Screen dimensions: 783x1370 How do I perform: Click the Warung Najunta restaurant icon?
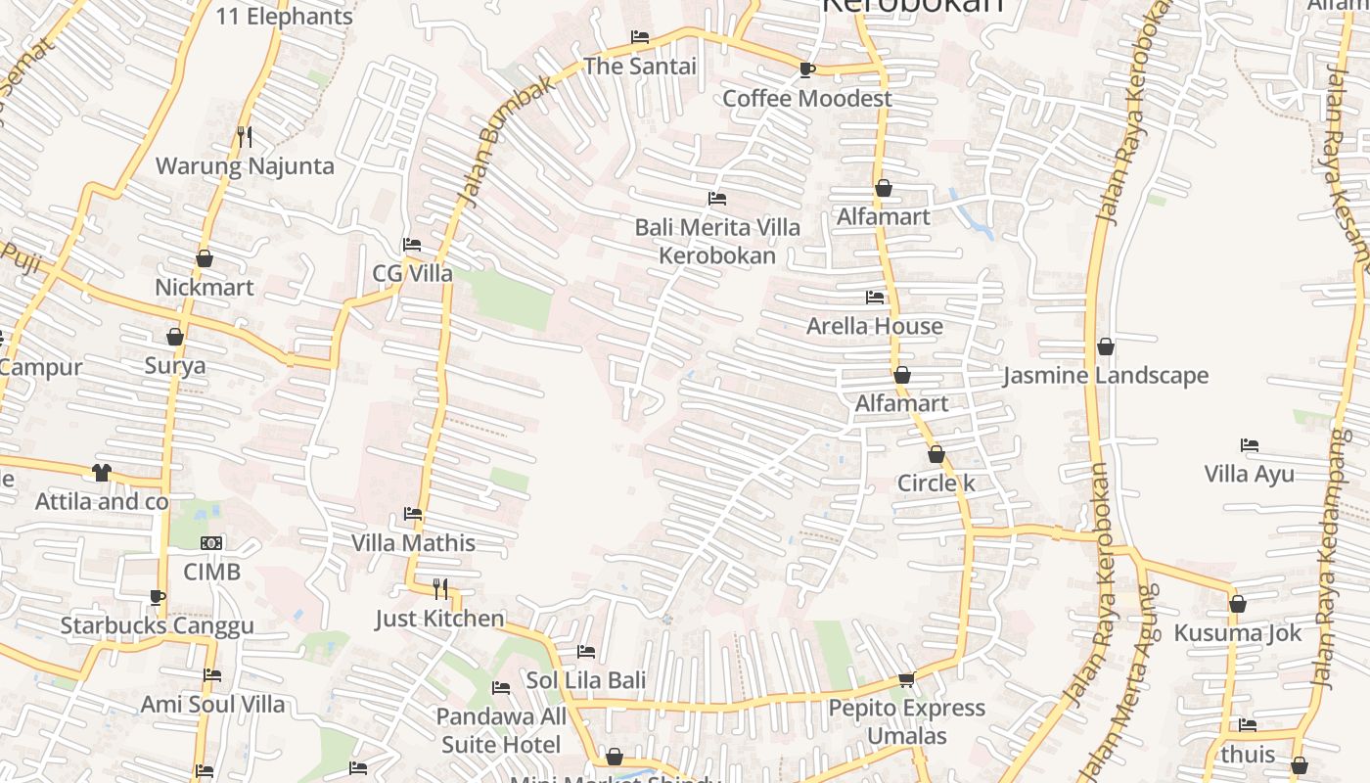tap(245, 137)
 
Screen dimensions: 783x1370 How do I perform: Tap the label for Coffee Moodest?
tap(806, 99)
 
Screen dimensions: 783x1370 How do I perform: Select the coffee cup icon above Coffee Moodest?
tap(806, 69)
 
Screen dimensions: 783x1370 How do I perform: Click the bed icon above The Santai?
tap(640, 38)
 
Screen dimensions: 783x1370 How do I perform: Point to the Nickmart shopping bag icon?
tap(205, 259)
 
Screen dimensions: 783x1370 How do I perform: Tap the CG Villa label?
tap(412, 274)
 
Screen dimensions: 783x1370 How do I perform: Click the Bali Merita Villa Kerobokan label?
tap(717, 242)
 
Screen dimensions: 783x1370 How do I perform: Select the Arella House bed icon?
tap(875, 298)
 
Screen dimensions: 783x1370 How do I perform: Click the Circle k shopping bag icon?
tap(936, 455)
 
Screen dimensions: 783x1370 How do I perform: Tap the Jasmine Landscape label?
tap(1106, 376)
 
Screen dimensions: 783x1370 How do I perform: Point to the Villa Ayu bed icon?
tap(1250, 445)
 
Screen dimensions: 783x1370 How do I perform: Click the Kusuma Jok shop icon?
tap(1238, 604)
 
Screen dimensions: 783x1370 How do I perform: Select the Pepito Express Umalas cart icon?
tap(906, 679)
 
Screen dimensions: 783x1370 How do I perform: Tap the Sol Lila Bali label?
tap(585, 680)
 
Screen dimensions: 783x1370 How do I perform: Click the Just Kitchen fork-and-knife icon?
tap(440, 589)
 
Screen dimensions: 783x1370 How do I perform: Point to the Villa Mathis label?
tap(413, 543)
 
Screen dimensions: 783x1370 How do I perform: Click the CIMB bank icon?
tap(211, 543)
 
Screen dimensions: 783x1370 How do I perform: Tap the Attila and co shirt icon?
tap(102, 473)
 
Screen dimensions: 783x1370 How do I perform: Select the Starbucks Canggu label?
tap(158, 626)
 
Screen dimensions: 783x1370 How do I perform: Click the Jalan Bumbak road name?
tap(505, 142)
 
